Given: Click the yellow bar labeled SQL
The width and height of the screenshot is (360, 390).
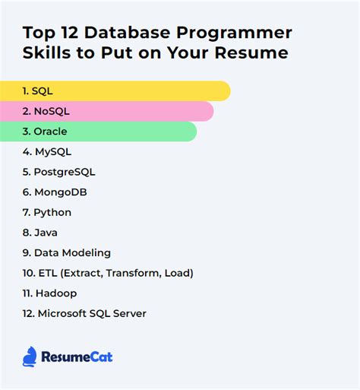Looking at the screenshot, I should pos(114,91).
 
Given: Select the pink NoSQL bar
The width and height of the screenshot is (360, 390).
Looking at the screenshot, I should pos(106,112).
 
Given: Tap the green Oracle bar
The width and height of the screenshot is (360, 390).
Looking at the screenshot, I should pos(99,132).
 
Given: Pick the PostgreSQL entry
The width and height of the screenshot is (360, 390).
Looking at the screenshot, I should pos(59,172).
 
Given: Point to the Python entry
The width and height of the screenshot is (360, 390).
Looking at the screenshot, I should pos(47,212).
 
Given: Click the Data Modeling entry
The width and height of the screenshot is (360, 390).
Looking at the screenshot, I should pos(67,252).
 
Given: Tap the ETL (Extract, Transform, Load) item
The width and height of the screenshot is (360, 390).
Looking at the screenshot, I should pos(108,273).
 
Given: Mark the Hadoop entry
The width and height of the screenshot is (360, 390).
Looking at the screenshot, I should pos(49,293).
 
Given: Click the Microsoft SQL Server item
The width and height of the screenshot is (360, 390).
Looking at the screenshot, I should pos(84,313).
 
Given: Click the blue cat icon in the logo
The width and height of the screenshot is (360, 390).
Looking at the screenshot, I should pos(30,356).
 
